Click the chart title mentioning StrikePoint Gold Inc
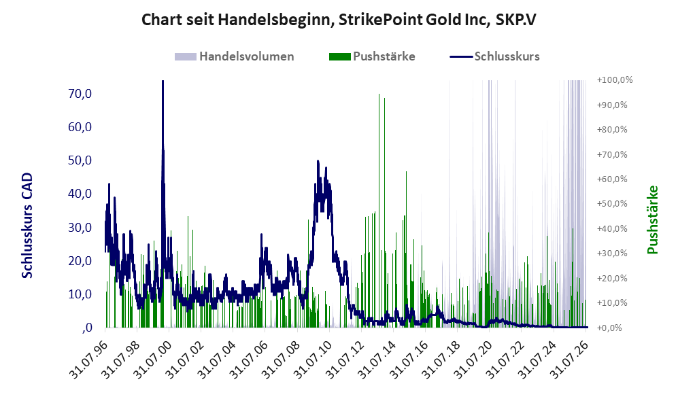(x=339, y=20)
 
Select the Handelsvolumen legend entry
(x=235, y=56)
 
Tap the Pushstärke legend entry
(x=372, y=56)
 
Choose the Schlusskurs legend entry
(x=494, y=56)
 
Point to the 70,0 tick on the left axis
(x=80, y=93)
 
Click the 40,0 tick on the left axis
(x=80, y=194)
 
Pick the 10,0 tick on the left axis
(x=80, y=294)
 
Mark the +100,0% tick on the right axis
(x=615, y=80)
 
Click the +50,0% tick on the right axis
(x=612, y=203)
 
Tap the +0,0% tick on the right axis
(x=610, y=328)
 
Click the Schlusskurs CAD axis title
(x=27, y=225)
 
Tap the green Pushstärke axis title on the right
(x=652, y=220)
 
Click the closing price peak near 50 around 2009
(x=318, y=161)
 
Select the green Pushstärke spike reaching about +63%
(x=406, y=249)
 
